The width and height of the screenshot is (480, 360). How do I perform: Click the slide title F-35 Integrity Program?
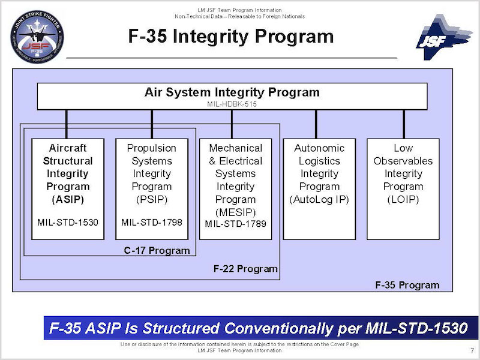pyautogui.click(x=231, y=37)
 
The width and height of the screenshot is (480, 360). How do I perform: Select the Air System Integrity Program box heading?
pyautogui.click(x=232, y=92)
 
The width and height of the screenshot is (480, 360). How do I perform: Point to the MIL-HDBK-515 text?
pyautogui.click(x=232, y=104)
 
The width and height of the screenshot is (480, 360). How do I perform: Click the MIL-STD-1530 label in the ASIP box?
pyautogui.click(x=68, y=223)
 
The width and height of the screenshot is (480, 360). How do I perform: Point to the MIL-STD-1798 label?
pyautogui.click(x=151, y=223)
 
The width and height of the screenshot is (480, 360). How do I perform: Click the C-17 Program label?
pyautogui.click(x=161, y=250)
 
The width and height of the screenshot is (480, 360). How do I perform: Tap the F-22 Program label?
pyautogui.click(x=245, y=269)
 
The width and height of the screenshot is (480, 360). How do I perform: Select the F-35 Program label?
pyautogui.click(x=407, y=285)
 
